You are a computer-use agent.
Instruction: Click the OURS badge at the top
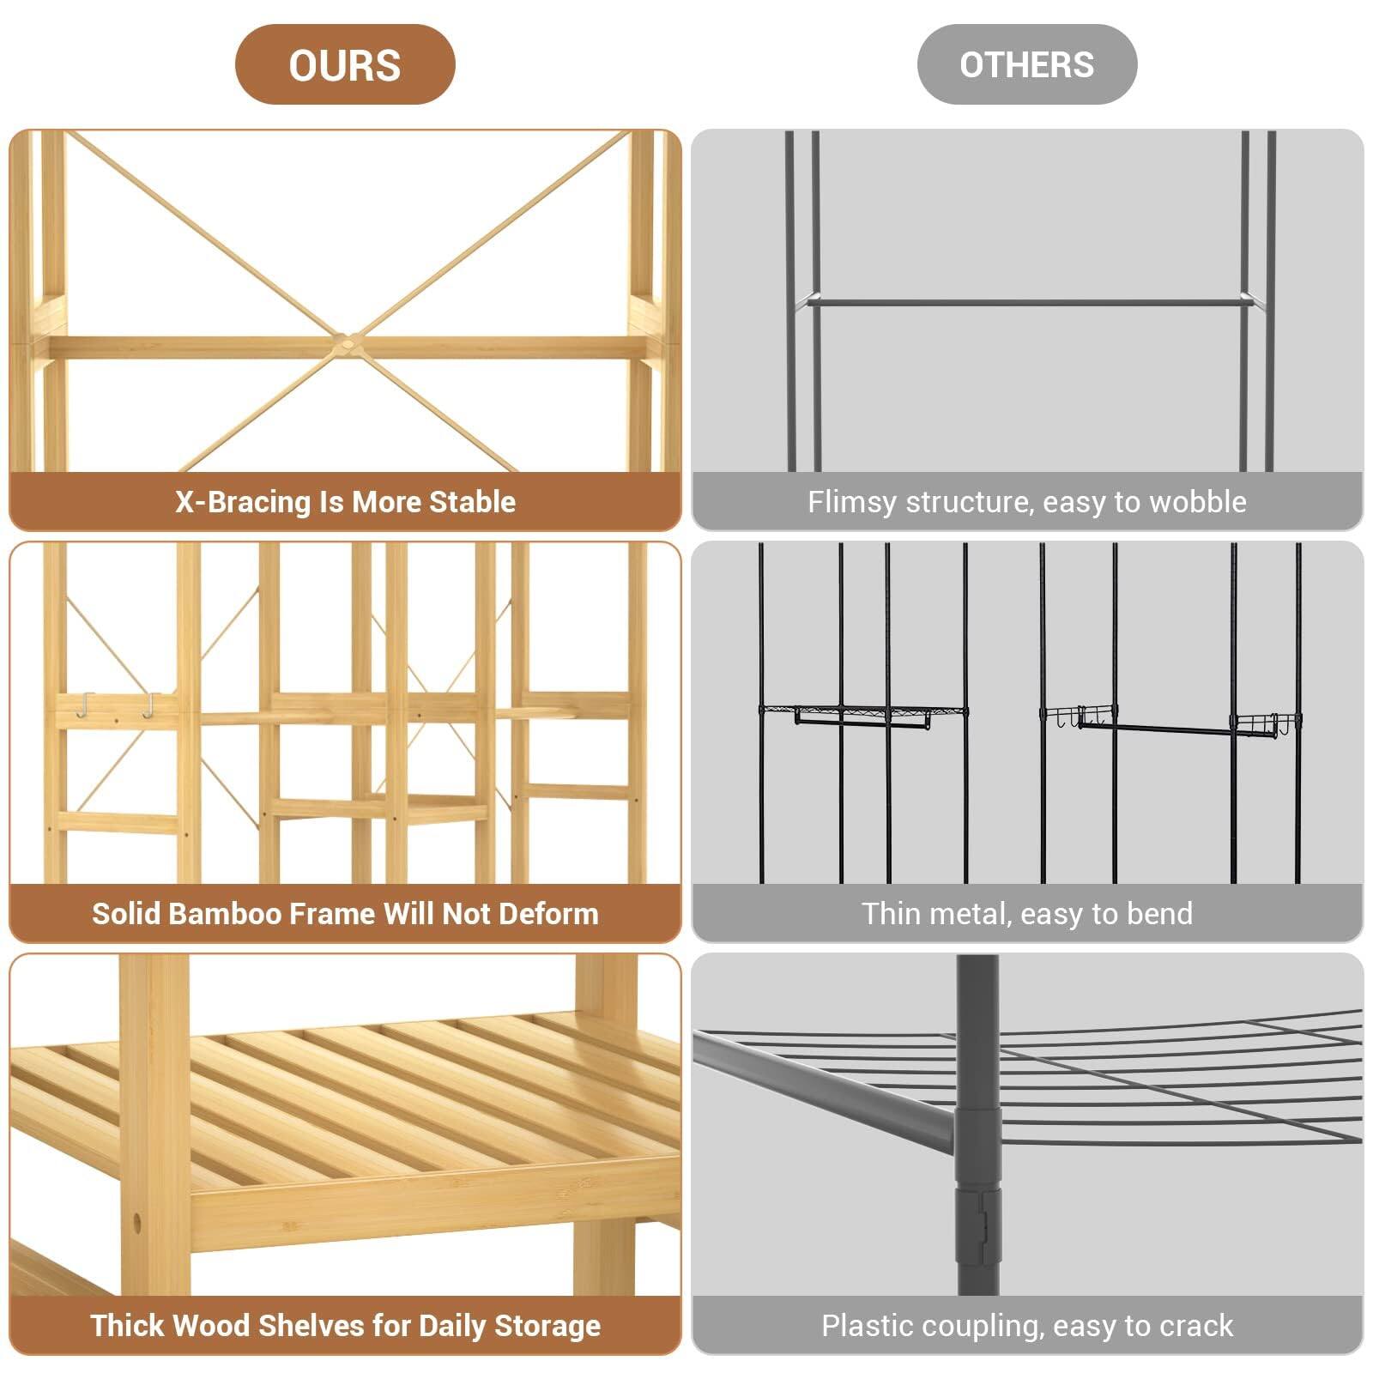344,65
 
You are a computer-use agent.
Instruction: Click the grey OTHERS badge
1026,65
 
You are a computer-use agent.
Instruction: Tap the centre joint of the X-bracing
346,342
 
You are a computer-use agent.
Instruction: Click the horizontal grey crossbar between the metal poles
1026,302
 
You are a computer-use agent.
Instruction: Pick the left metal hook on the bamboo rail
84,705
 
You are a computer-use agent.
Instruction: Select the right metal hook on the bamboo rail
149,705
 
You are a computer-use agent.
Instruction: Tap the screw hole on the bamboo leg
137,1220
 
